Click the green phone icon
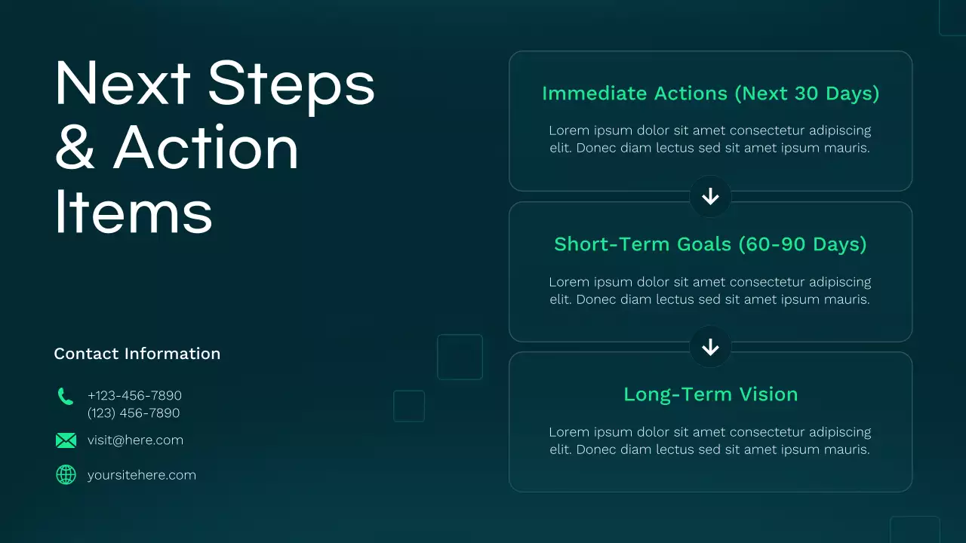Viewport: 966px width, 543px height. tap(66, 397)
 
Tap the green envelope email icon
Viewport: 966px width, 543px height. tap(66, 440)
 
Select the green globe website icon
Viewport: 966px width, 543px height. tap(66, 474)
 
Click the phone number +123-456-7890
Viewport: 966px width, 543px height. tap(134, 395)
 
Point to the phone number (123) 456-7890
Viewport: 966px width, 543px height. tap(134, 413)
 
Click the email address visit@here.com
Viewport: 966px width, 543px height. tap(135, 440)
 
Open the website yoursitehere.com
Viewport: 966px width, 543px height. tap(141, 475)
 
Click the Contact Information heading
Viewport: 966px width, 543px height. tap(137, 354)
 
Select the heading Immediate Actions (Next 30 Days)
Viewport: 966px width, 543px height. tap(710, 94)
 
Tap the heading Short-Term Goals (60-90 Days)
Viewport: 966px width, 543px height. tap(710, 244)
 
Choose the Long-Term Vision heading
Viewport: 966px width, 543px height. tap(710, 394)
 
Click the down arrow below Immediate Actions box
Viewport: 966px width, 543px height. tap(710, 197)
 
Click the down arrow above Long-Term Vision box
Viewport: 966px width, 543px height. tap(710, 347)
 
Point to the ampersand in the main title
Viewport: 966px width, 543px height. tap(75, 147)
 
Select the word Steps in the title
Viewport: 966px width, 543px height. tap(291, 83)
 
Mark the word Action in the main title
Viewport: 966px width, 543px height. tap(206, 147)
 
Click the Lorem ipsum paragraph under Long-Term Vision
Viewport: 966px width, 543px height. tap(709, 441)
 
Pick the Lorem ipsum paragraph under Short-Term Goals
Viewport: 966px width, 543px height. tap(709, 291)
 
